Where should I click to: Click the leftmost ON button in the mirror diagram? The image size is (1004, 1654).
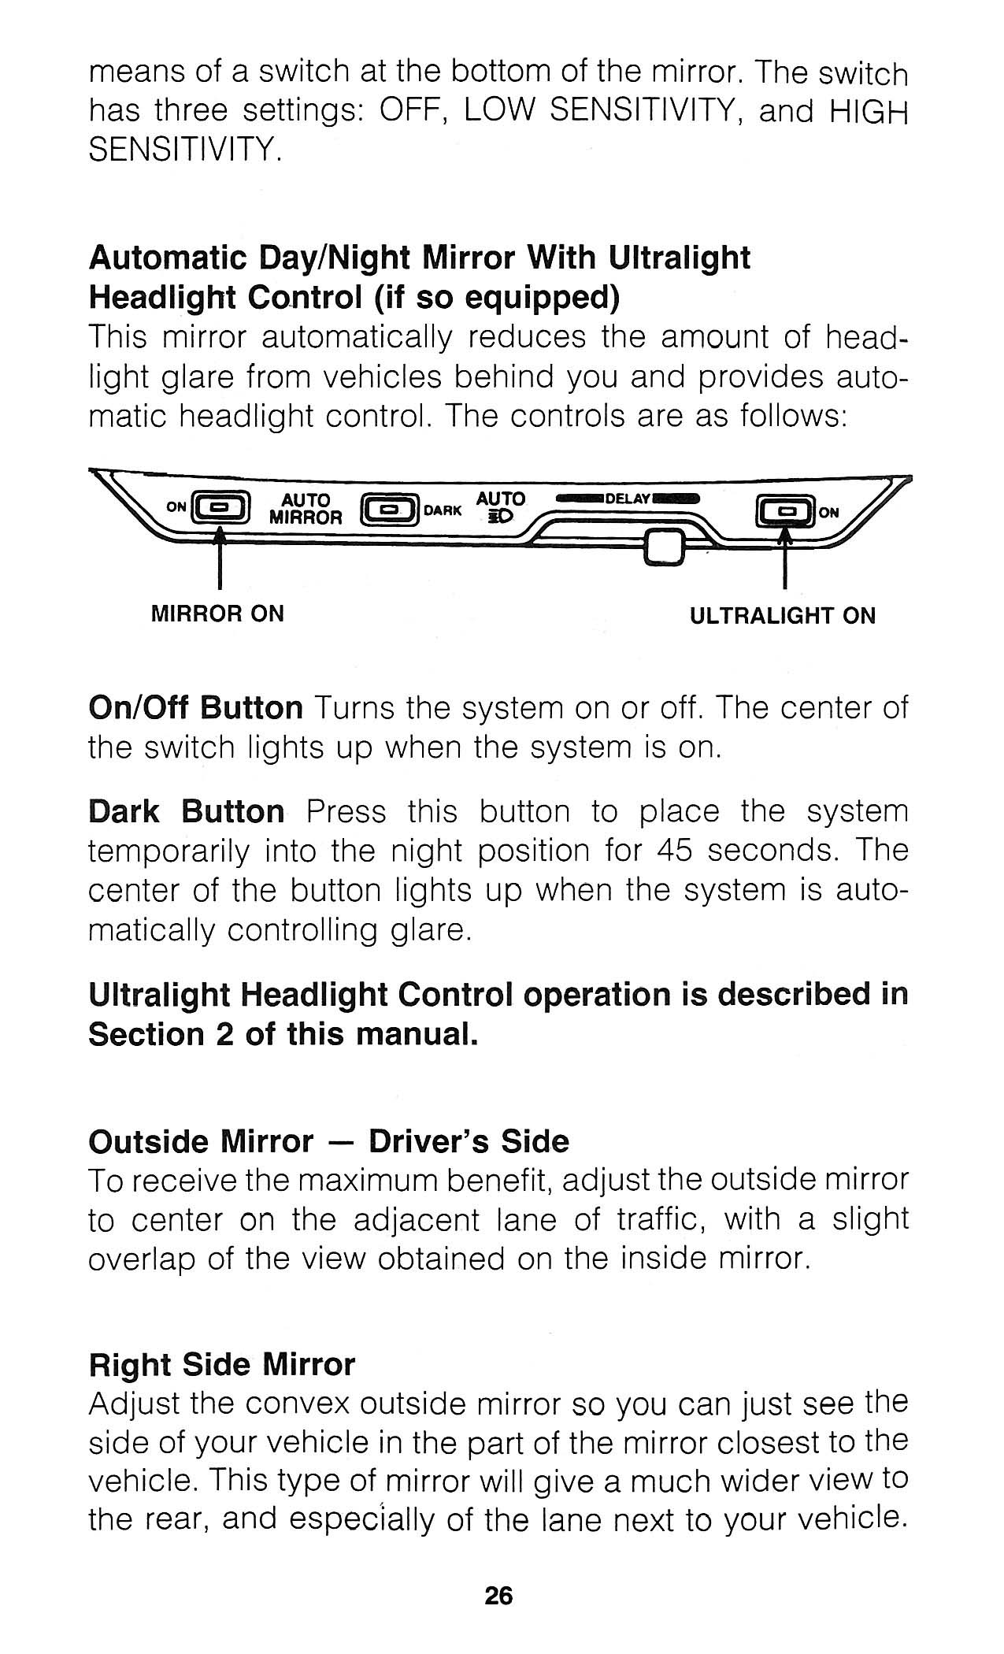(221, 508)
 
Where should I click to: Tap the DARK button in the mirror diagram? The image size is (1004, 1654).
(389, 510)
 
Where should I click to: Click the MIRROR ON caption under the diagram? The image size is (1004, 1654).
(217, 614)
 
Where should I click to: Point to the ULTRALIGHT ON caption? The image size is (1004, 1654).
(783, 615)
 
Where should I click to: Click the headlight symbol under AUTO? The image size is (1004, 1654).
(500, 517)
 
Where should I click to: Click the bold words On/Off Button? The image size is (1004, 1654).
(195, 707)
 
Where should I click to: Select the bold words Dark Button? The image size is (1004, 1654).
(187, 811)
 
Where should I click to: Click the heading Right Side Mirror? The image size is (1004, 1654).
(222, 1364)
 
